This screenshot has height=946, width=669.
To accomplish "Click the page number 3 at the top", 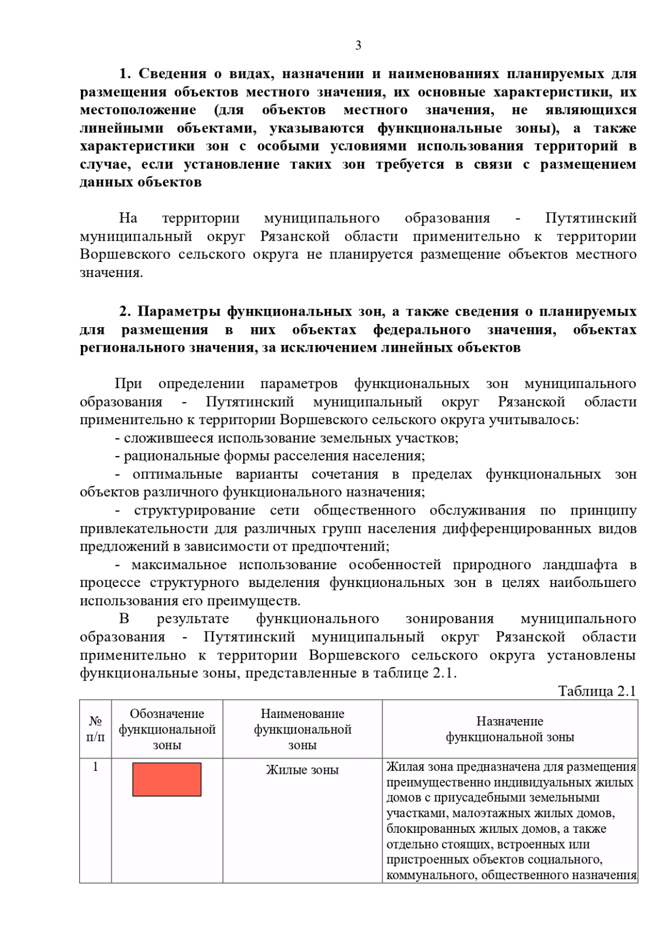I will [358, 46].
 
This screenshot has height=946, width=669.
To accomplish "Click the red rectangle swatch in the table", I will [167, 779].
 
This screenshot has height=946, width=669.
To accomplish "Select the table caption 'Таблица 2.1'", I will [597, 691].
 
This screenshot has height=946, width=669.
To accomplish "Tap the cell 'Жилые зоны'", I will [302, 770].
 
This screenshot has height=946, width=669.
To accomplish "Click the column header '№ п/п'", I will [95, 729].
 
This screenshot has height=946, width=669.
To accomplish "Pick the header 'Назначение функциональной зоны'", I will [510, 729].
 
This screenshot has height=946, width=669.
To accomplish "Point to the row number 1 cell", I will [95, 767].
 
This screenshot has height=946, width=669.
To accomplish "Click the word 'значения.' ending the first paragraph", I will [111, 273].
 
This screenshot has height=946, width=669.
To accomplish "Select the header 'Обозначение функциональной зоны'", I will [167, 729].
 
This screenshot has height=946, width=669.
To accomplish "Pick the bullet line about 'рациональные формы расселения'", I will [270, 456].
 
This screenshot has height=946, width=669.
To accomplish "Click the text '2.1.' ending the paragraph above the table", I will [444, 673].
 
